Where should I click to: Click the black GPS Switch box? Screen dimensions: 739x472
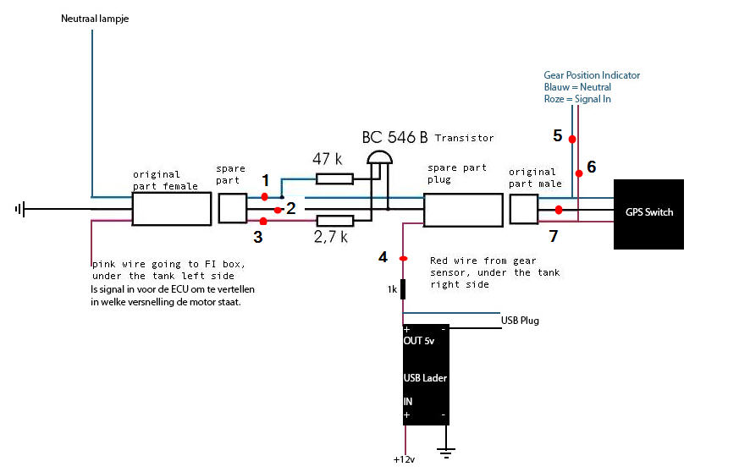tap(648, 214)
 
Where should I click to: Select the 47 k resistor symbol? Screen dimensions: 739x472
tap(334, 178)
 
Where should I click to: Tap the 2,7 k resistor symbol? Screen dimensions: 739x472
tap(334, 221)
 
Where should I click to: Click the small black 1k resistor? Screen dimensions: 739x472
tap(403, 289)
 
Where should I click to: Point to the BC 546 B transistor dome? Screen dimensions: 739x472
tap(380, 158)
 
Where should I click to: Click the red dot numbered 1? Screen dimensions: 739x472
tap(264, 196)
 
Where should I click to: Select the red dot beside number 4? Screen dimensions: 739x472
tap(404, 259)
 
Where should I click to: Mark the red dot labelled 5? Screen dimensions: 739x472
tap(572, 140)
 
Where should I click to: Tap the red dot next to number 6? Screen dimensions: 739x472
tap(579, 173)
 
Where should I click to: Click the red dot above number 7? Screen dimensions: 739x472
tap(559, 210)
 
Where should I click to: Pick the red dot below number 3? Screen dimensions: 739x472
tap(263, 222)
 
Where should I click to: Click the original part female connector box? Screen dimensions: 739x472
tap(172, 209)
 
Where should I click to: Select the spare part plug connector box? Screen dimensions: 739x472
tap(463, 210)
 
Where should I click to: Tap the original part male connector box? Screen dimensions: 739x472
tap(524, 209)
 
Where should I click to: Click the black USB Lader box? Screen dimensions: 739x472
tap(426, 375)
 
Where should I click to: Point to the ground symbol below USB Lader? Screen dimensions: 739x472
tap(446, 453)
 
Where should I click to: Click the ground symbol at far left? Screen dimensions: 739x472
tap(20, 209)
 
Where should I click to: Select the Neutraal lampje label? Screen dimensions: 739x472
tap(95, 19)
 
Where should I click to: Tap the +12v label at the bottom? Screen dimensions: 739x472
tap(405, 460)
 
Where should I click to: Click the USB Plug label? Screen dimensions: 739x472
tap(520, 321)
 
